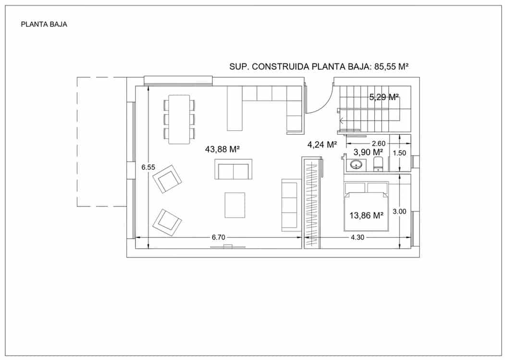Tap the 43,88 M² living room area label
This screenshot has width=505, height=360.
point(222,149)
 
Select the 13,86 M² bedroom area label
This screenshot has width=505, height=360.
point(366,216)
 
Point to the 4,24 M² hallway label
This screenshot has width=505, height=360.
point(322,144)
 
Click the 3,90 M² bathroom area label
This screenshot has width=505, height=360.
point(368,152)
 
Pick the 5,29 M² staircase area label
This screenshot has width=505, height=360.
point(384,97)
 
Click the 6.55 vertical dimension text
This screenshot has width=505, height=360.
point(148,167)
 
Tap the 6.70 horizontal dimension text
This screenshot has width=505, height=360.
point(219,237)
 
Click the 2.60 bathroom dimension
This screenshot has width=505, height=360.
point(378,143)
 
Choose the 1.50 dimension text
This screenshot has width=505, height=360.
point(400,153)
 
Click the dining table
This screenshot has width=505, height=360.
point(179,119)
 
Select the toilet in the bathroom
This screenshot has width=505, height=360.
point(378,164)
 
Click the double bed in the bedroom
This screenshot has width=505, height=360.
point(366,207)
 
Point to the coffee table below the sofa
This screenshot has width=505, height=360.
point(234,205)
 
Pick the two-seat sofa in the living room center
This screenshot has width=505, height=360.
point(233,171)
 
